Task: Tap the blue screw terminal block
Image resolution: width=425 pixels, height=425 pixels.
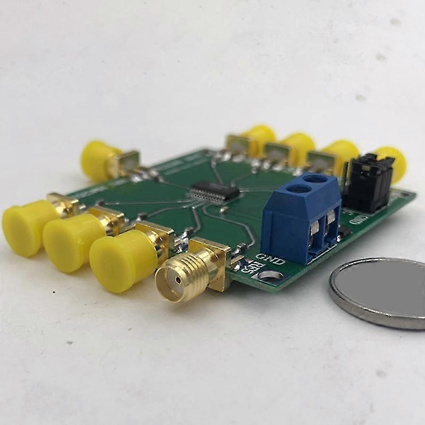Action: (x=301, y=218)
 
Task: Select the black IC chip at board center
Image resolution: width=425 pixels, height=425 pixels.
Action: (x=215, y=192)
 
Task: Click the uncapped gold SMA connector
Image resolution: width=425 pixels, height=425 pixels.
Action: (x=191, y=271)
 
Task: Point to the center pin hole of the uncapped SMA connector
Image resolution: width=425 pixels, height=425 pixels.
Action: (x=172, y=279)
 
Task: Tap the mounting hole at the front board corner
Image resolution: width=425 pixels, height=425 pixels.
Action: (x=268, y=275)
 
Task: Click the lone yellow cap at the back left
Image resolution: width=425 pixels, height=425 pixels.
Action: (x=99, y=160)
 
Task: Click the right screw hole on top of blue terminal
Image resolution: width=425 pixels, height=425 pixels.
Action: (x=317, y=180)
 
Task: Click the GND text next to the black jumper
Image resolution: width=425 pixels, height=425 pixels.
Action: (x=359, y=218)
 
